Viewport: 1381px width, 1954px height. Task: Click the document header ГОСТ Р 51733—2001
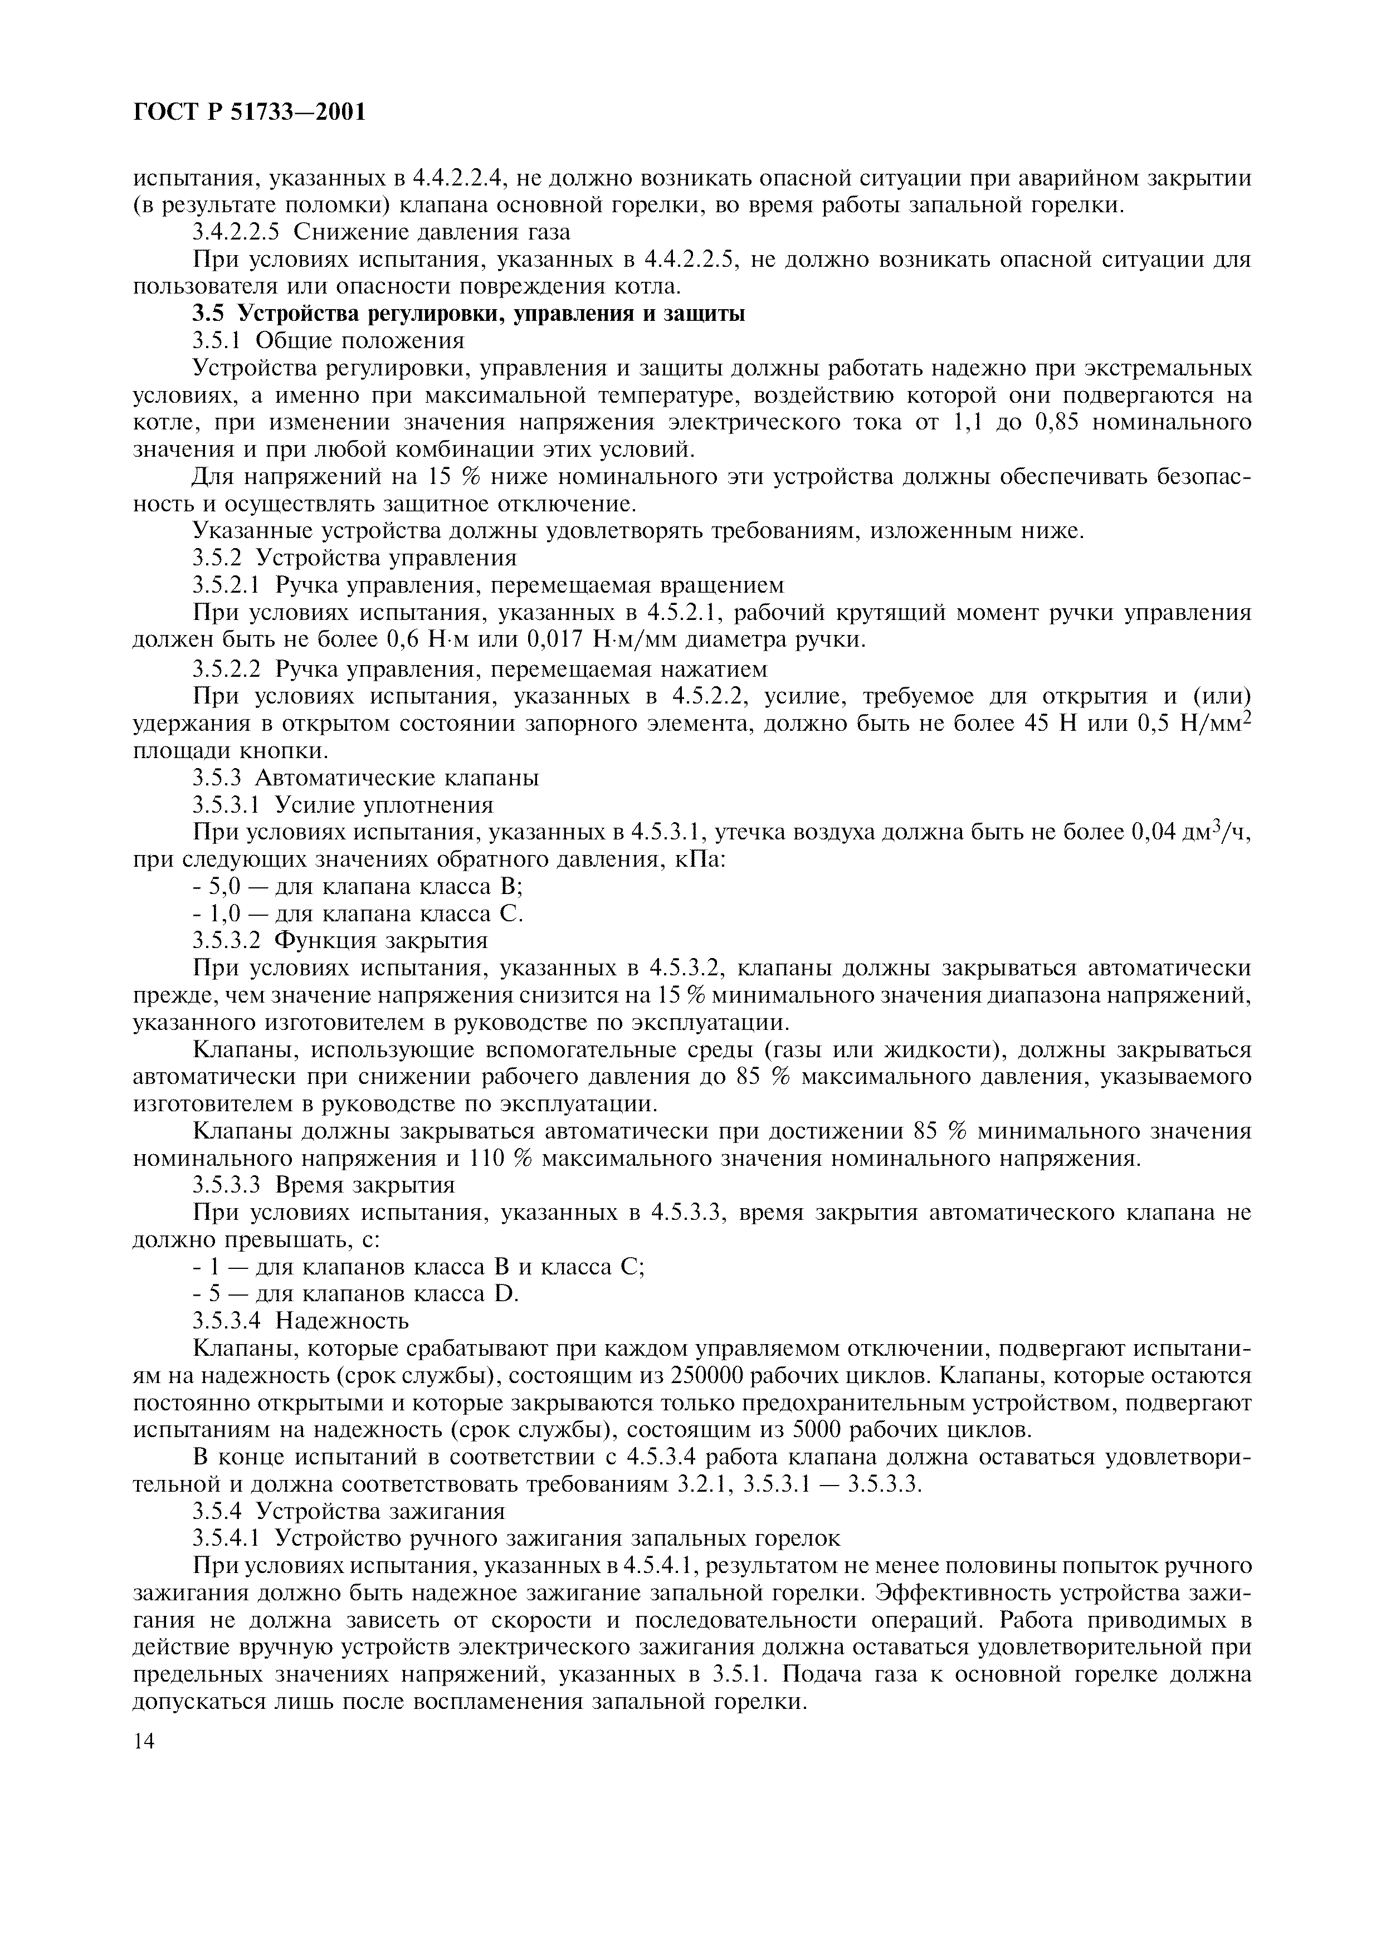pos(250,113)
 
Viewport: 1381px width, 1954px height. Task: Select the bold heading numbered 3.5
pos(469,314)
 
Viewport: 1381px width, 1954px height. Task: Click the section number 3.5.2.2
pos(226,668)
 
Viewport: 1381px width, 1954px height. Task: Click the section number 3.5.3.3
pos(226,1185)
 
